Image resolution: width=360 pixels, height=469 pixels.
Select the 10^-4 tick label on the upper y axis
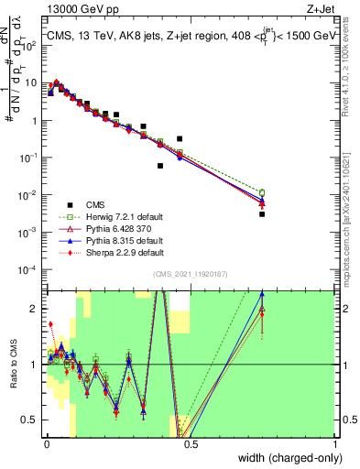click(x=29, y=269)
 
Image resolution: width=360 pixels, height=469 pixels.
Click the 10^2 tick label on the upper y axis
click(x=29, y=45)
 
